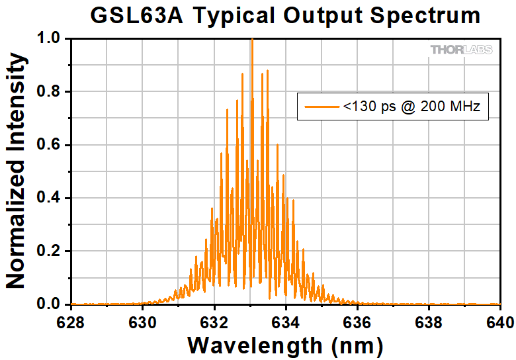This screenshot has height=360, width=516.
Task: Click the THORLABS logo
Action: pos(461,50)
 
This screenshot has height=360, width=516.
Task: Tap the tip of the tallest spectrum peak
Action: pos(251,40)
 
